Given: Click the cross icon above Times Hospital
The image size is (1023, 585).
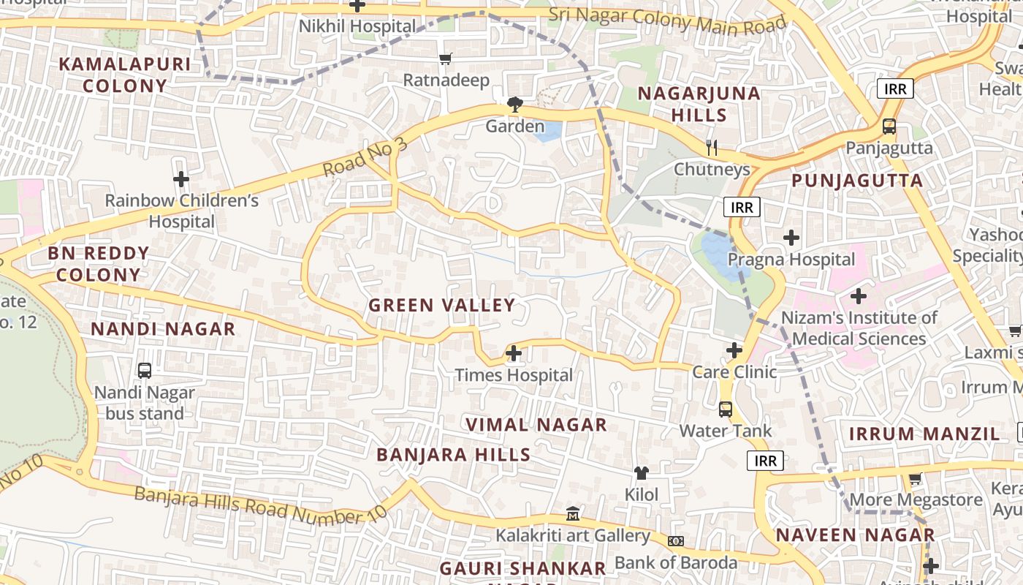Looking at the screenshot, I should tap(514, 354).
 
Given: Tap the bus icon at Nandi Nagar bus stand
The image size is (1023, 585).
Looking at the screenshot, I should tap(145, 371).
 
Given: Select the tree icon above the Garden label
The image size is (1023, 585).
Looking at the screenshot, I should tap(515, 105).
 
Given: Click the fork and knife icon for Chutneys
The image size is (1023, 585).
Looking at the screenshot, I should tap(712, 148).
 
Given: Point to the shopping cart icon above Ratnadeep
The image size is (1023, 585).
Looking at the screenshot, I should tap(446, 58).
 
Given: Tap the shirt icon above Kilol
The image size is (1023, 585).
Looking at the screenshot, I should tap(642, 473).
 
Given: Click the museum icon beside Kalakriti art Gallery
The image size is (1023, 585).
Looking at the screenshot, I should tap(573, 514).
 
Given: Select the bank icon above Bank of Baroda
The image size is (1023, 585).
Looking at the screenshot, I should tap(676, 541).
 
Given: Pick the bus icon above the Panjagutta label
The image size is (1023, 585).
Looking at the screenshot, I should tap(889, 126).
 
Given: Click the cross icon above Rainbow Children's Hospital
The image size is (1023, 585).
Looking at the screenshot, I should tap(181, 179).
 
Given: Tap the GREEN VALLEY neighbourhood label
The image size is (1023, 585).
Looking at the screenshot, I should tap(442, 306).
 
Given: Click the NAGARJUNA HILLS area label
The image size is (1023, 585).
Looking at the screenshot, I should tap(699, 105).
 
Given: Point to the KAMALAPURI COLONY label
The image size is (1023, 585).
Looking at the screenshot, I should tap(125, 75).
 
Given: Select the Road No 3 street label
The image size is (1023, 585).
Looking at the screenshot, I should tap(365, 156).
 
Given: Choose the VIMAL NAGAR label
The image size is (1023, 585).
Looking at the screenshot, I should tap(536, 425).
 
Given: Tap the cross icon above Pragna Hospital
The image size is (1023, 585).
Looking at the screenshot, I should tap(791, 238).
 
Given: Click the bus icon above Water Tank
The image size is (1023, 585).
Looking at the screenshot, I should tap(726, 409).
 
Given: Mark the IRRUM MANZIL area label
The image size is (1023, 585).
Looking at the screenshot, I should tap(924, 434).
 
